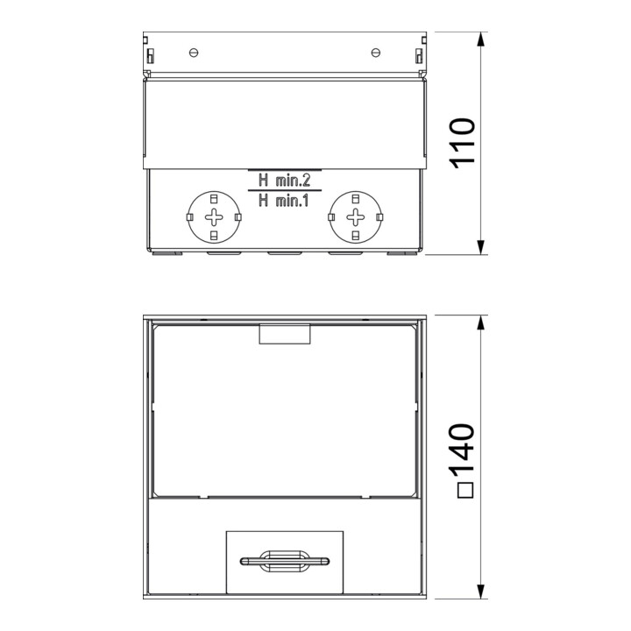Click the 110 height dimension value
[464, 143]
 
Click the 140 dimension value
[464, 449]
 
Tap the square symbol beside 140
[465, 490]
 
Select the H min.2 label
[285, 181]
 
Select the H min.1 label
[284, 200]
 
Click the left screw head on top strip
[194, 53]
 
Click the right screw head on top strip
[375, 53]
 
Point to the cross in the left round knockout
[214, 217]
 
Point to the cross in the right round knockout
[356, 217]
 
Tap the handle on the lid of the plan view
[285, 561]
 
